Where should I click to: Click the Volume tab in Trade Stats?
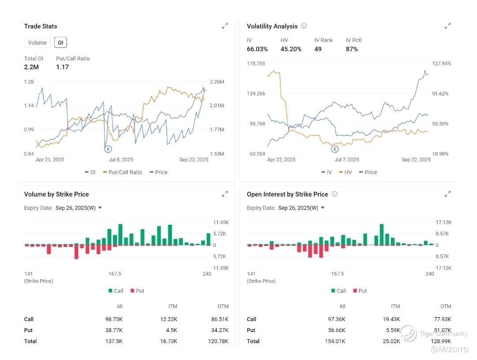click(x=37, y=43)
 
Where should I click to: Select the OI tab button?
click(x=61, y=43)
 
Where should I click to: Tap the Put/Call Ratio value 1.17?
click(x=62, y=67)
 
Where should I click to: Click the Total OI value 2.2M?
click(x=31, y=67)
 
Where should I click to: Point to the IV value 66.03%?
click(x=257, y=49)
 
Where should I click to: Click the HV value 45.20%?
click(x=291, y=49)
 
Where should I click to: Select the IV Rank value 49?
click(x=318, y=49)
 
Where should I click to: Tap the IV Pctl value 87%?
click(x=352, y=49)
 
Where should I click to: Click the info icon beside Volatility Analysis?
click(x=304, y=26)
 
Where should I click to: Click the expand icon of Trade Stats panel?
click(x=225, y=26)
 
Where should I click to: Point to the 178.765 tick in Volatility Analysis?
click(x=256, y=64)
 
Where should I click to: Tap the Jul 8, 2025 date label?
click(x=121, y=160)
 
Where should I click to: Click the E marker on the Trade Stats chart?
click(x=108, y=149)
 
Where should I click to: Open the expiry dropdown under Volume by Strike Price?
click(x=99, y=208)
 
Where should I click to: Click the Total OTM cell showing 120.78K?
click(x=218, y=341)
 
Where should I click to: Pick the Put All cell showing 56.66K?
click(x=337, y=330)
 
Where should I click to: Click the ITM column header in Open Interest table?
click(x=395, y=307)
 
